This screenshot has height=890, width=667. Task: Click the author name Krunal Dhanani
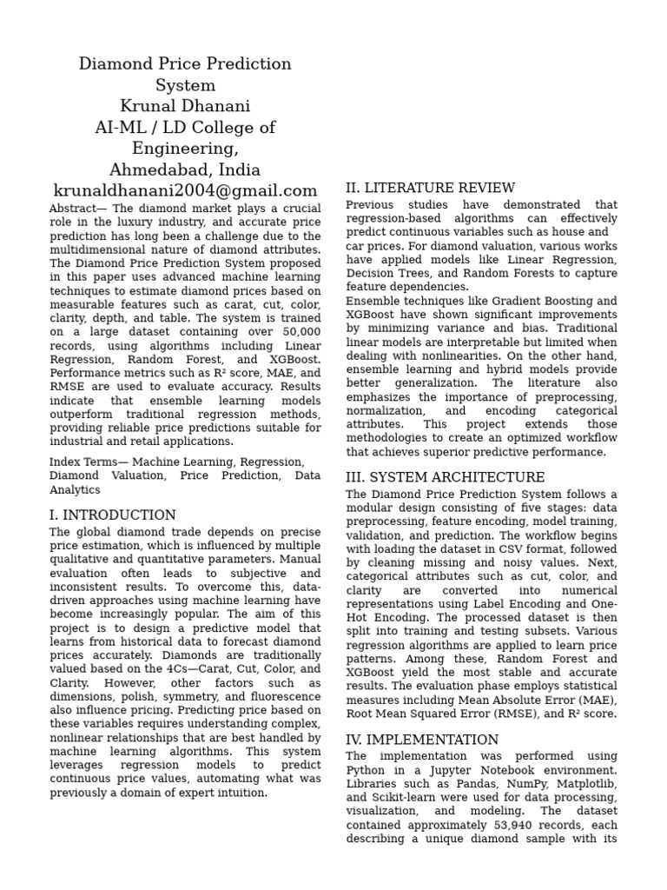tap(185, 106)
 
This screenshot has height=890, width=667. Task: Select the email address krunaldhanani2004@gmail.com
tap(185, 190)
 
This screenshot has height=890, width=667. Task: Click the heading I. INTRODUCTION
tap(112, 515)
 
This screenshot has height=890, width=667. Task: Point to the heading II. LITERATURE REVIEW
tap(430, 188)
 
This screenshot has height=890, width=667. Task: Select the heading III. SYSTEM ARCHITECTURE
tap(445, 477)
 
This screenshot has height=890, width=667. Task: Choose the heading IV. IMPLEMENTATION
tap(422, 740)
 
